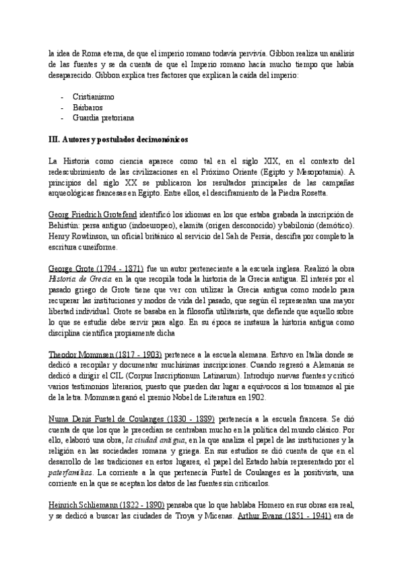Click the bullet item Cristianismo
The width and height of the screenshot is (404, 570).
pyautogui.click(x=93, y=97)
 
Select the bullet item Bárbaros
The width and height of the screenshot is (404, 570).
pyautogui.click(x=87, y=107)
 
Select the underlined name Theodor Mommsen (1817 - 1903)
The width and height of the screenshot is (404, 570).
pyautogui.click(x=104, y=354)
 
